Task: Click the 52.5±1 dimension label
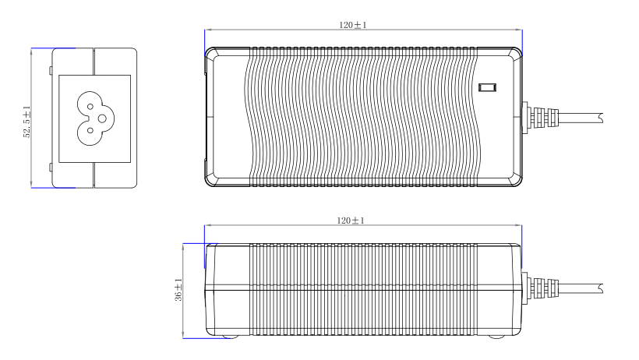(27, 122)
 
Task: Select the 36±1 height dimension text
(178, 290)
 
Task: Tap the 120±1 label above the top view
(353, 25)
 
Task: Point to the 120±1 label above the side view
(351, 221)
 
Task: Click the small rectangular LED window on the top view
(487, 87)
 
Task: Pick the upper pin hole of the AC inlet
(90, 107)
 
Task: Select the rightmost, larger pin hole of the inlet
(102, 118)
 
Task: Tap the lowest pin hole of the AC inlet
(90, 130)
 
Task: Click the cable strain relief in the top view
(540, 118)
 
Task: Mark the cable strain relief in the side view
(540, 288)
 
